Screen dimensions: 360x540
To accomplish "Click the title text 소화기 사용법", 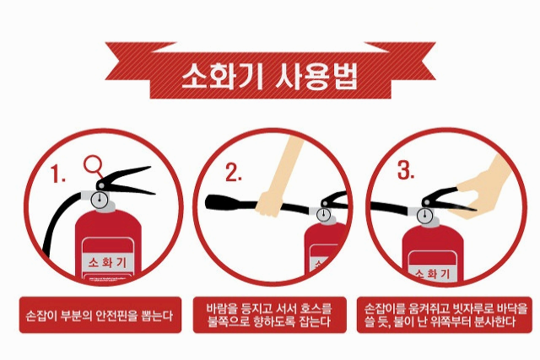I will tap(269, 77).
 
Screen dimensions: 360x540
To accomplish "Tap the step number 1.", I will tap(59, 175).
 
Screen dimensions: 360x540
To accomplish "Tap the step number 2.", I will tap(233, 175).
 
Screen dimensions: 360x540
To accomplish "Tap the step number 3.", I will tap(406, 171).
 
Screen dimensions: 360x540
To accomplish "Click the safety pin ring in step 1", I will tap(93, 164).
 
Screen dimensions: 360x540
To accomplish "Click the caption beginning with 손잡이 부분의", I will tap(98, 317).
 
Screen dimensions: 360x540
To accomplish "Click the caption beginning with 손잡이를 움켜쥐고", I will tap(444, 314).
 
